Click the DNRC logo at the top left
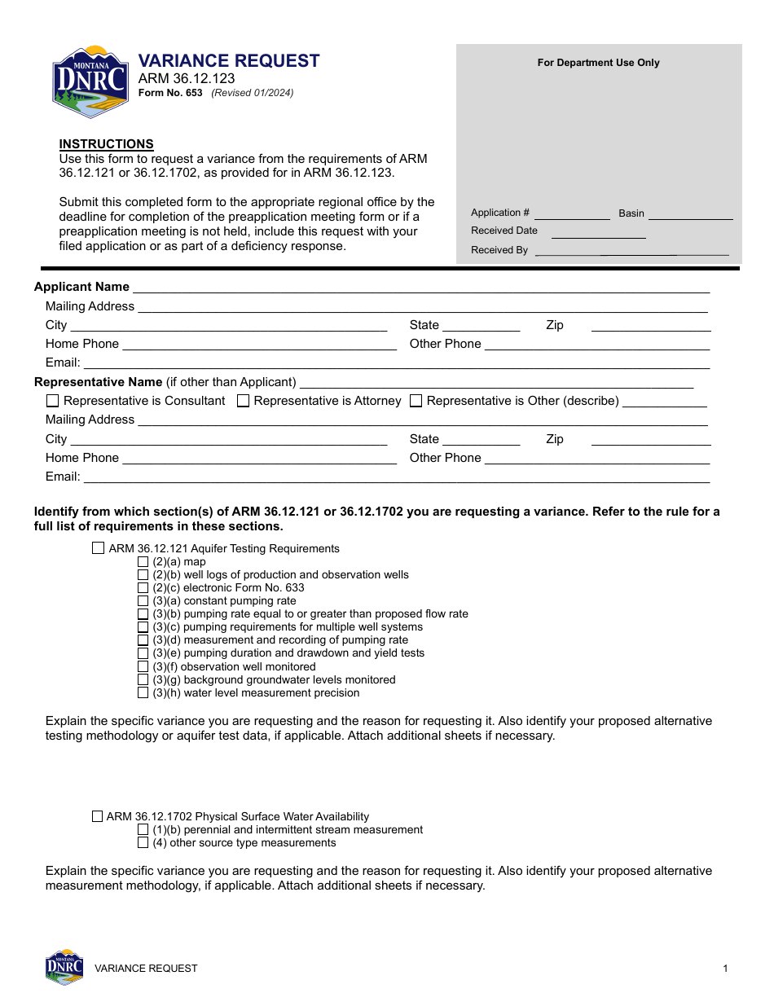90,81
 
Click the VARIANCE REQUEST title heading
229,61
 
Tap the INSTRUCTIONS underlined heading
106,144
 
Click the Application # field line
572,214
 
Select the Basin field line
690,214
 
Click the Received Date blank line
599,232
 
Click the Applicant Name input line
420,288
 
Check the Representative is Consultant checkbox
53,401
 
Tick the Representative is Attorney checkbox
243,401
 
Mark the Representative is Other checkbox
416,401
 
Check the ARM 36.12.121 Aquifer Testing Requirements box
99,548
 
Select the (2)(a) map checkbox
143,561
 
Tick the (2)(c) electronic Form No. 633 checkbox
143,587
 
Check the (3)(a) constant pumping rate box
143,600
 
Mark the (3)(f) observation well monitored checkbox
143,666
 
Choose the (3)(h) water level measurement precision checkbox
143,692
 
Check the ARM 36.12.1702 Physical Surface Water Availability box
98,816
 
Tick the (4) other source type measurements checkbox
143,842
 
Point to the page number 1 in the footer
725,969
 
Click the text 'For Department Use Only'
598,63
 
